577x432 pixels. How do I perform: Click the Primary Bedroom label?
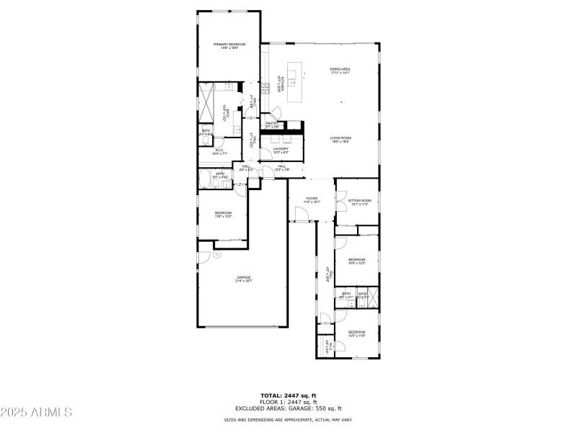tap(229, 45)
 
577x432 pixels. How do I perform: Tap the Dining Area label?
tap(340, 70)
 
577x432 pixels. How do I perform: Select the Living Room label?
tap(340, 140)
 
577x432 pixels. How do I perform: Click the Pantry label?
tap(272, 125)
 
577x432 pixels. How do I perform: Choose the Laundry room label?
tap(281, 150)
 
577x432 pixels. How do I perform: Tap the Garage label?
tap(244, 279)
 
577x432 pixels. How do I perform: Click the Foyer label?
tap(312, 199)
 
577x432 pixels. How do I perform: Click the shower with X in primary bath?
tap(208, 104)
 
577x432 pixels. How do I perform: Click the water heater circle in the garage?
tap(216, 253)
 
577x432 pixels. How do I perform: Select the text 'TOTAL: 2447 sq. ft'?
tap(288, 395)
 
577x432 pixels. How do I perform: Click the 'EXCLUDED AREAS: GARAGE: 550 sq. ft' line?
tap(288, 408)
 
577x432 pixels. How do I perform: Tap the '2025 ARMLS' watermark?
tap(36, 413)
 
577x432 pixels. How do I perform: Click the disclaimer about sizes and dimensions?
tap(288, 419)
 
